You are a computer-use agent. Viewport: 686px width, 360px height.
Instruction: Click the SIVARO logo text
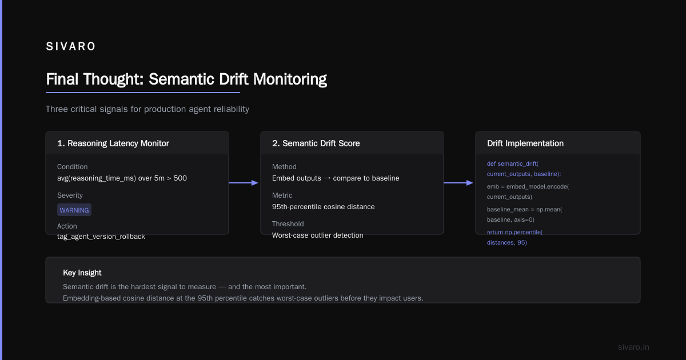pyautogui.click(x=71, y=46)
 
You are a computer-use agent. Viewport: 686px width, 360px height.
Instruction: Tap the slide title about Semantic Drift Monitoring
pyautogui.click(x=186, y=79)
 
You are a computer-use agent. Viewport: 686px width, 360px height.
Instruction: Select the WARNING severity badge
pyautogui.click(x=74, y=210)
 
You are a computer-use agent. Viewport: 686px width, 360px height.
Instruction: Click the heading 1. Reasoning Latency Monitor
pyautogui.click(x=113, y=143)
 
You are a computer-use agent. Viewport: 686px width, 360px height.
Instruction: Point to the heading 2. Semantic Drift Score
pyautogui.click(x=316, y=143)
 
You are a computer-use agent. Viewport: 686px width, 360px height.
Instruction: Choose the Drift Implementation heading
pyautogui.click(x=525, y=143)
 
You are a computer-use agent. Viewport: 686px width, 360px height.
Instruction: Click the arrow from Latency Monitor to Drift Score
pyautogui.click(x=244, y=183)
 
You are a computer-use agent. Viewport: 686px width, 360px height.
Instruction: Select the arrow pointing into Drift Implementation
pyautogui.click(x=458, y=183)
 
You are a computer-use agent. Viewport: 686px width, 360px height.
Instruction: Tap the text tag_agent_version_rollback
pyautogui.click(x=101, y=237)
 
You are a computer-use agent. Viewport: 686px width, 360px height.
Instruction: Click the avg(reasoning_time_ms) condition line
pyautogui.click(x=122, y=178)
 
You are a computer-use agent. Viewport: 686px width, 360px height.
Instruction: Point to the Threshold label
pyautogui.click(x=288, y=224)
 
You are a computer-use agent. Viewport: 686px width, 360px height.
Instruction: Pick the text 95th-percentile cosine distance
pyautogui.click(x=323, y=207)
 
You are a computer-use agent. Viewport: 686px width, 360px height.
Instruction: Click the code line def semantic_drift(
pyautogui.click(x=513, y=163)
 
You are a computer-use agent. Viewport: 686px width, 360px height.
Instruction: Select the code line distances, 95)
pyautogui.click(x=507, y=242)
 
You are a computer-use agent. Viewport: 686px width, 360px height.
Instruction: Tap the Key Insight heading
pyautogui.click(x=82, y=273)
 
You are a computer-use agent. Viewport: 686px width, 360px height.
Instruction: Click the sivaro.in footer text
pyautogui.click(x=633, y=347)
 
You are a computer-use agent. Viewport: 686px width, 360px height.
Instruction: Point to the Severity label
pyautogui.click(x=70, y=195)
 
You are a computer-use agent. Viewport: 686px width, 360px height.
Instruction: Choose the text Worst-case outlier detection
pyautogui.click(x=318, y=235)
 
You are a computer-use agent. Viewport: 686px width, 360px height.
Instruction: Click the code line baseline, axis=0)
pyautogui.click(x=510, y=219)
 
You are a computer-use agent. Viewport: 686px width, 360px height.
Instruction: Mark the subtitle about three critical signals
pyautogui.click(x=147, y=109)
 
